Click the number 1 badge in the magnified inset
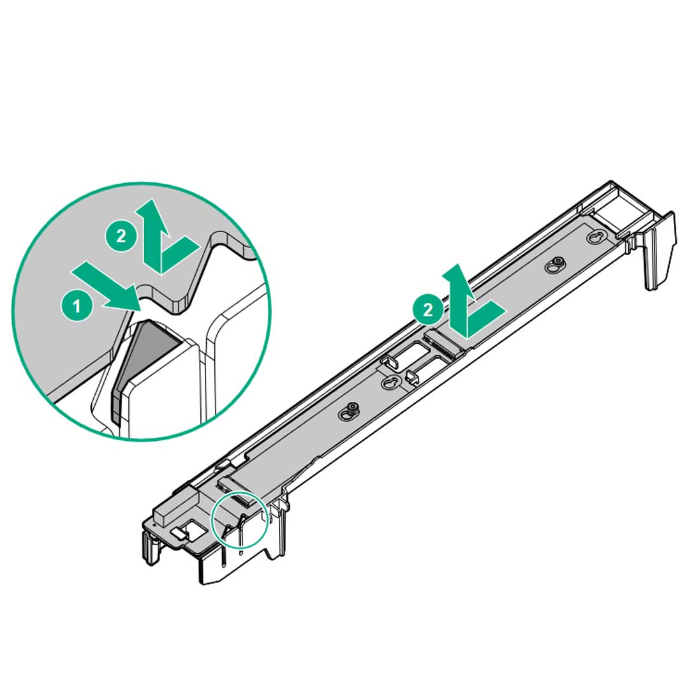pyautogui.click(x=77, y=306)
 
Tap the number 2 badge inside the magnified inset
pyautogui.click(x=121, y=236)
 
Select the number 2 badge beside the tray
pyautogui.click(x=427, y=310)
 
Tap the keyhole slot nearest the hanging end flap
pyautogui.click(x=595, y=237)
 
